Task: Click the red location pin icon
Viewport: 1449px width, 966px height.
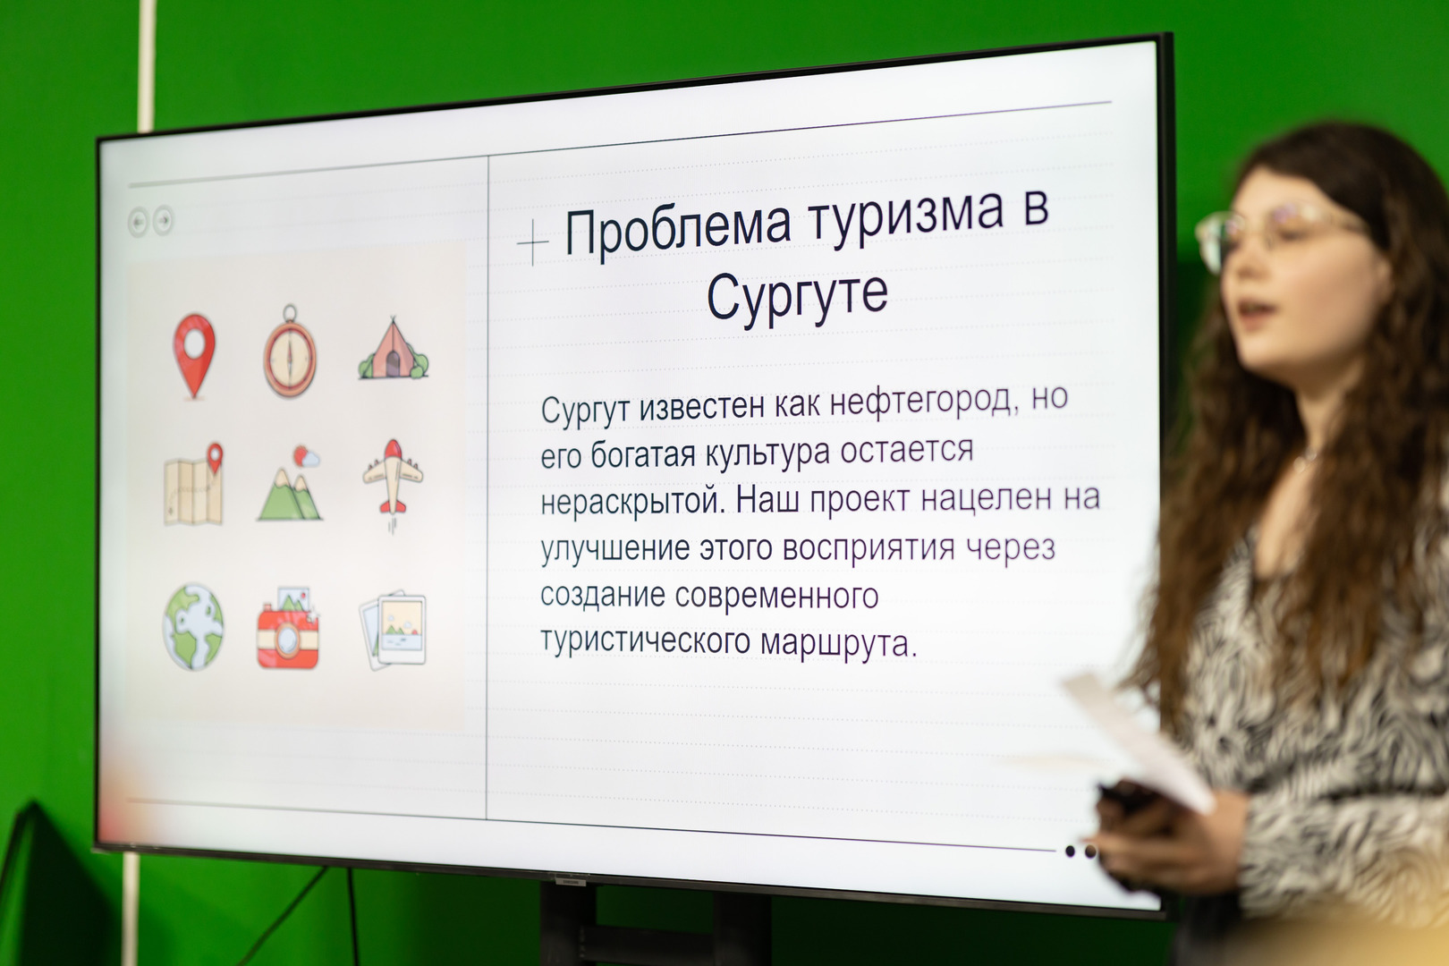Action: [x=194, y=355]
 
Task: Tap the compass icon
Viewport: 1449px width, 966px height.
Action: [x=290, y=352]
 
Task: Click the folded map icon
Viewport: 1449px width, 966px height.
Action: [x=193, y=484]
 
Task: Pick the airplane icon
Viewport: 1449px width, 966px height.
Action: [x=392, y=479]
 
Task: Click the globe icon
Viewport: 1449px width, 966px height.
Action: [x=193, y=626]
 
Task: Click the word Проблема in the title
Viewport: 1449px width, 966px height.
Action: [x=678, y=228]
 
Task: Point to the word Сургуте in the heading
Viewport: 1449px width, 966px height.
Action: [x=797, y=296]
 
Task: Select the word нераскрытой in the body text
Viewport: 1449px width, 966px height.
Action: [x=632, y=502]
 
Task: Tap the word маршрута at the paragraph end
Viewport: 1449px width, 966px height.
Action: [x=839, y=642]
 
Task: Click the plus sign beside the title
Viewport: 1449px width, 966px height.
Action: [x=532, y=242]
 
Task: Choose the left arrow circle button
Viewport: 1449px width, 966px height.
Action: [x=138, y=222]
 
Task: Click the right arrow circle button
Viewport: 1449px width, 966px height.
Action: [x=163, y=221]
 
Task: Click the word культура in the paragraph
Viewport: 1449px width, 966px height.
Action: [x=767, y=452]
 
